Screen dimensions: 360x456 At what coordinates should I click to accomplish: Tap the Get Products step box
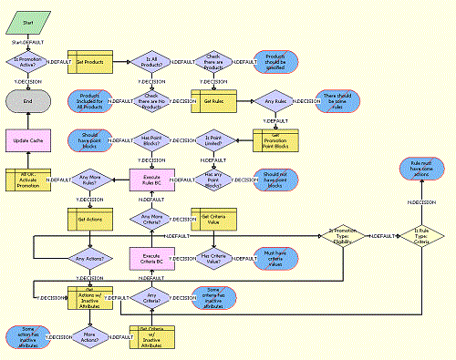coord(90,62)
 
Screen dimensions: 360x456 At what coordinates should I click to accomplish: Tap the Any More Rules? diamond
coord(90,180)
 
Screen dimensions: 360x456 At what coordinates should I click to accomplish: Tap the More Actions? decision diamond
coord(90,336)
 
